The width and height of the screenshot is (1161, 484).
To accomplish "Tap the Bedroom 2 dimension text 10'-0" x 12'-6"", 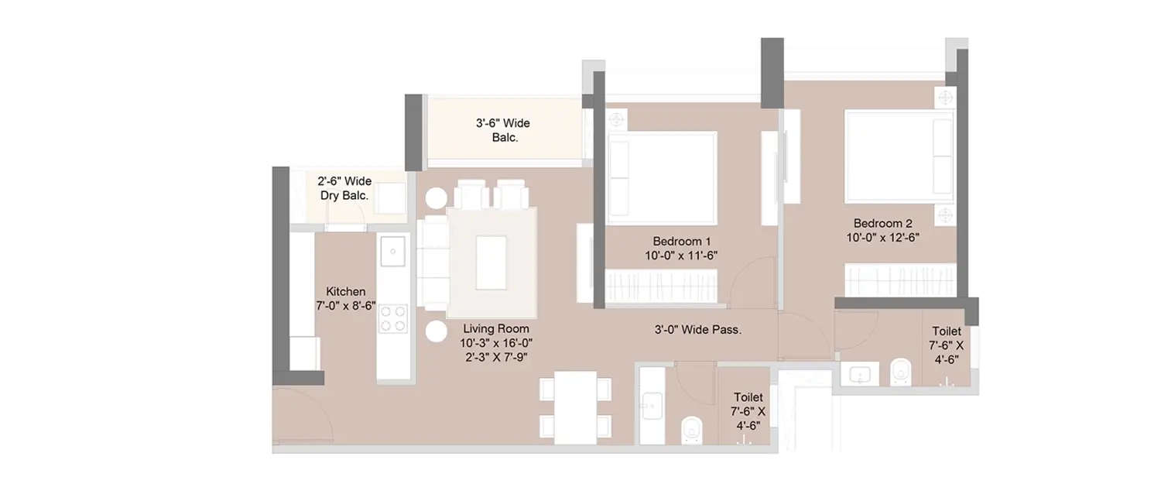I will point(882,238).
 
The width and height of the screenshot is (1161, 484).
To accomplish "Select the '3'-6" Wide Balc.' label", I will point(503,130).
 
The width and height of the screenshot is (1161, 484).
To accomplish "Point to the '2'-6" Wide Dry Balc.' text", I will point(344,188).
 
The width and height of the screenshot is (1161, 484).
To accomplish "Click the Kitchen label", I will point(345,291).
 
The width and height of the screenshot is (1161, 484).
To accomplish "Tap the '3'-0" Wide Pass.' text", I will point(698,329).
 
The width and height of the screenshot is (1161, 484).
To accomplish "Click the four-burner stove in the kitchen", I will point(393,317).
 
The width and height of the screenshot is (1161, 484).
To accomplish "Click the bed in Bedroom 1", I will point(662,177).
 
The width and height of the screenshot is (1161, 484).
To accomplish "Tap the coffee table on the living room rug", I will point(491,263).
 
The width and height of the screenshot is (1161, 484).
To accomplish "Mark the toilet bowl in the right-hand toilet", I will point(900,372).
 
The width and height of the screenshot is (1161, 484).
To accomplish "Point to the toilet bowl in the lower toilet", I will point(690,428).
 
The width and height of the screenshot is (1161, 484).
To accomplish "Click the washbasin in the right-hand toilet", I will point(859,376).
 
